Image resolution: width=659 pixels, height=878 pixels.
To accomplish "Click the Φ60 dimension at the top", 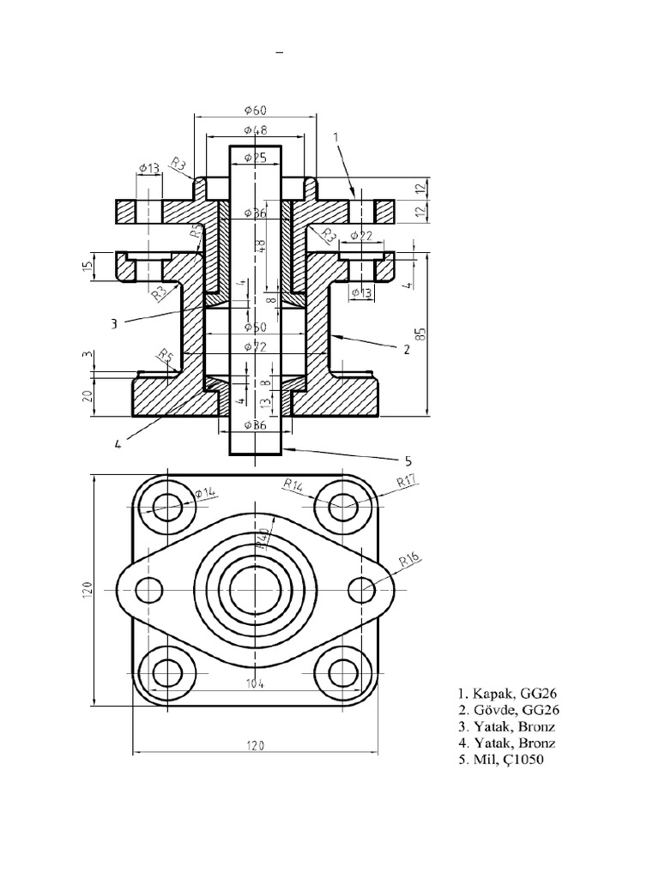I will (255, 110).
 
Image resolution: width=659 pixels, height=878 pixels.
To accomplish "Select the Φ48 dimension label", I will (255, 130).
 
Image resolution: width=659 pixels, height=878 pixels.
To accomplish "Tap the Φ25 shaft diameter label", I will (255, 158).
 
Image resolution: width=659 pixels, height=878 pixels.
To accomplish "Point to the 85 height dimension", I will (420, 334).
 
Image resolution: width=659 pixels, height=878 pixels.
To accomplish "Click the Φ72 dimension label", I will (255, 347).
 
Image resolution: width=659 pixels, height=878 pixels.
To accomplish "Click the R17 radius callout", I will (408, 483).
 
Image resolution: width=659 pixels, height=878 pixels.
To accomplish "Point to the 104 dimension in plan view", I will (255, 683).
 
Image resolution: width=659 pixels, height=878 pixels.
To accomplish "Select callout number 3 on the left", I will (113, 324).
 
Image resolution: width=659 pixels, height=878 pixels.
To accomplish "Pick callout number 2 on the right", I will (407, 348).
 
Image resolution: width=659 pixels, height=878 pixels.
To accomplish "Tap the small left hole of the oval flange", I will (149, 590).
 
